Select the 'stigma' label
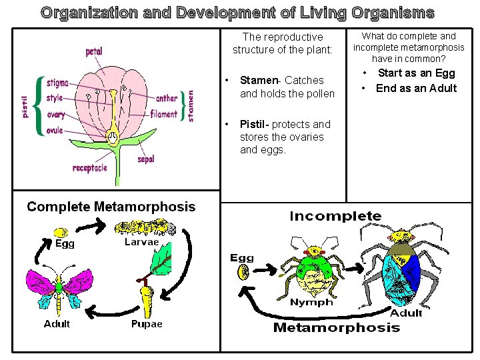click(x=57, y=83)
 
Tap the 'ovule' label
click(x=55, y=131)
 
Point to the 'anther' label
click(x=167, y=99)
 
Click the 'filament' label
click(x=164, y=114)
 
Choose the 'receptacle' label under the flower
click(x=90, y=169)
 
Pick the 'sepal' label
click(x=146, y=159)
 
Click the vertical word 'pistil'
click(x=25, y=106)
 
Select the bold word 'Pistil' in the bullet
click(x=253, y=124)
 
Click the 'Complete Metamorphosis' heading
click(x=111, y=207)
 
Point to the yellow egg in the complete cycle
click(x=61, y=233)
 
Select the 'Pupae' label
click(x=147, y=324)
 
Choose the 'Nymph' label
click(x=311, y=302)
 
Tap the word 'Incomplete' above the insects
click(x=335, y=216)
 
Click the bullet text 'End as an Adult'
click(x=417, y=89)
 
